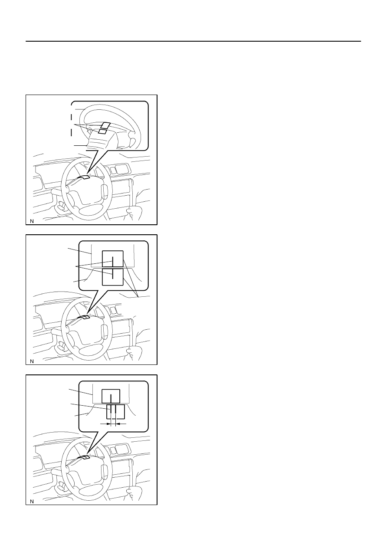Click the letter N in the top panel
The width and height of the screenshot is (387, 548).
(x=32, y=221)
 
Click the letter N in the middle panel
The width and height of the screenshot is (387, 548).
(x=32, y=361)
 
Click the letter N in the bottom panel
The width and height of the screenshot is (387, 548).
(x=32, y=502)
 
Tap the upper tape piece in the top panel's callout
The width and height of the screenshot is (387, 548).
(x=106, y=125)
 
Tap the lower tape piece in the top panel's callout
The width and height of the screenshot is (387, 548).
(x=102, y=131)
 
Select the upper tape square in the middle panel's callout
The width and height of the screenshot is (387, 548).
(x=112, y=259)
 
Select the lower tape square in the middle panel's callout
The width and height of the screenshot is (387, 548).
(x=112, y=277)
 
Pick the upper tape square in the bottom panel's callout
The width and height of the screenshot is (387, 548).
(x=111, y=396)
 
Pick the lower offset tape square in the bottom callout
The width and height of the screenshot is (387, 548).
(x=115, y=412)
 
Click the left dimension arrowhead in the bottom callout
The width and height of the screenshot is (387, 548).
(x=109, y=423)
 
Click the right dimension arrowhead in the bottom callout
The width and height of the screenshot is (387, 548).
(x=118, y=423)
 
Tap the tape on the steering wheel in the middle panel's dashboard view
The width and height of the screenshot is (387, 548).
(x=83, y=318)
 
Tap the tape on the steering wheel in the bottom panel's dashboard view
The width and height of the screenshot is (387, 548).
(x=83, y=458)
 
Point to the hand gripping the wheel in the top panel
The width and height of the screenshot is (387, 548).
(x=134, y=212)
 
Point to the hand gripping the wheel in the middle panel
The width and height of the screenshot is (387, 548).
(x=134, y=352)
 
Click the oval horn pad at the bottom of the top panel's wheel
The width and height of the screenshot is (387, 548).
(x=88, y=210)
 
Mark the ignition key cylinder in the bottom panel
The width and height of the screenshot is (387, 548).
(x=61, y=486)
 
